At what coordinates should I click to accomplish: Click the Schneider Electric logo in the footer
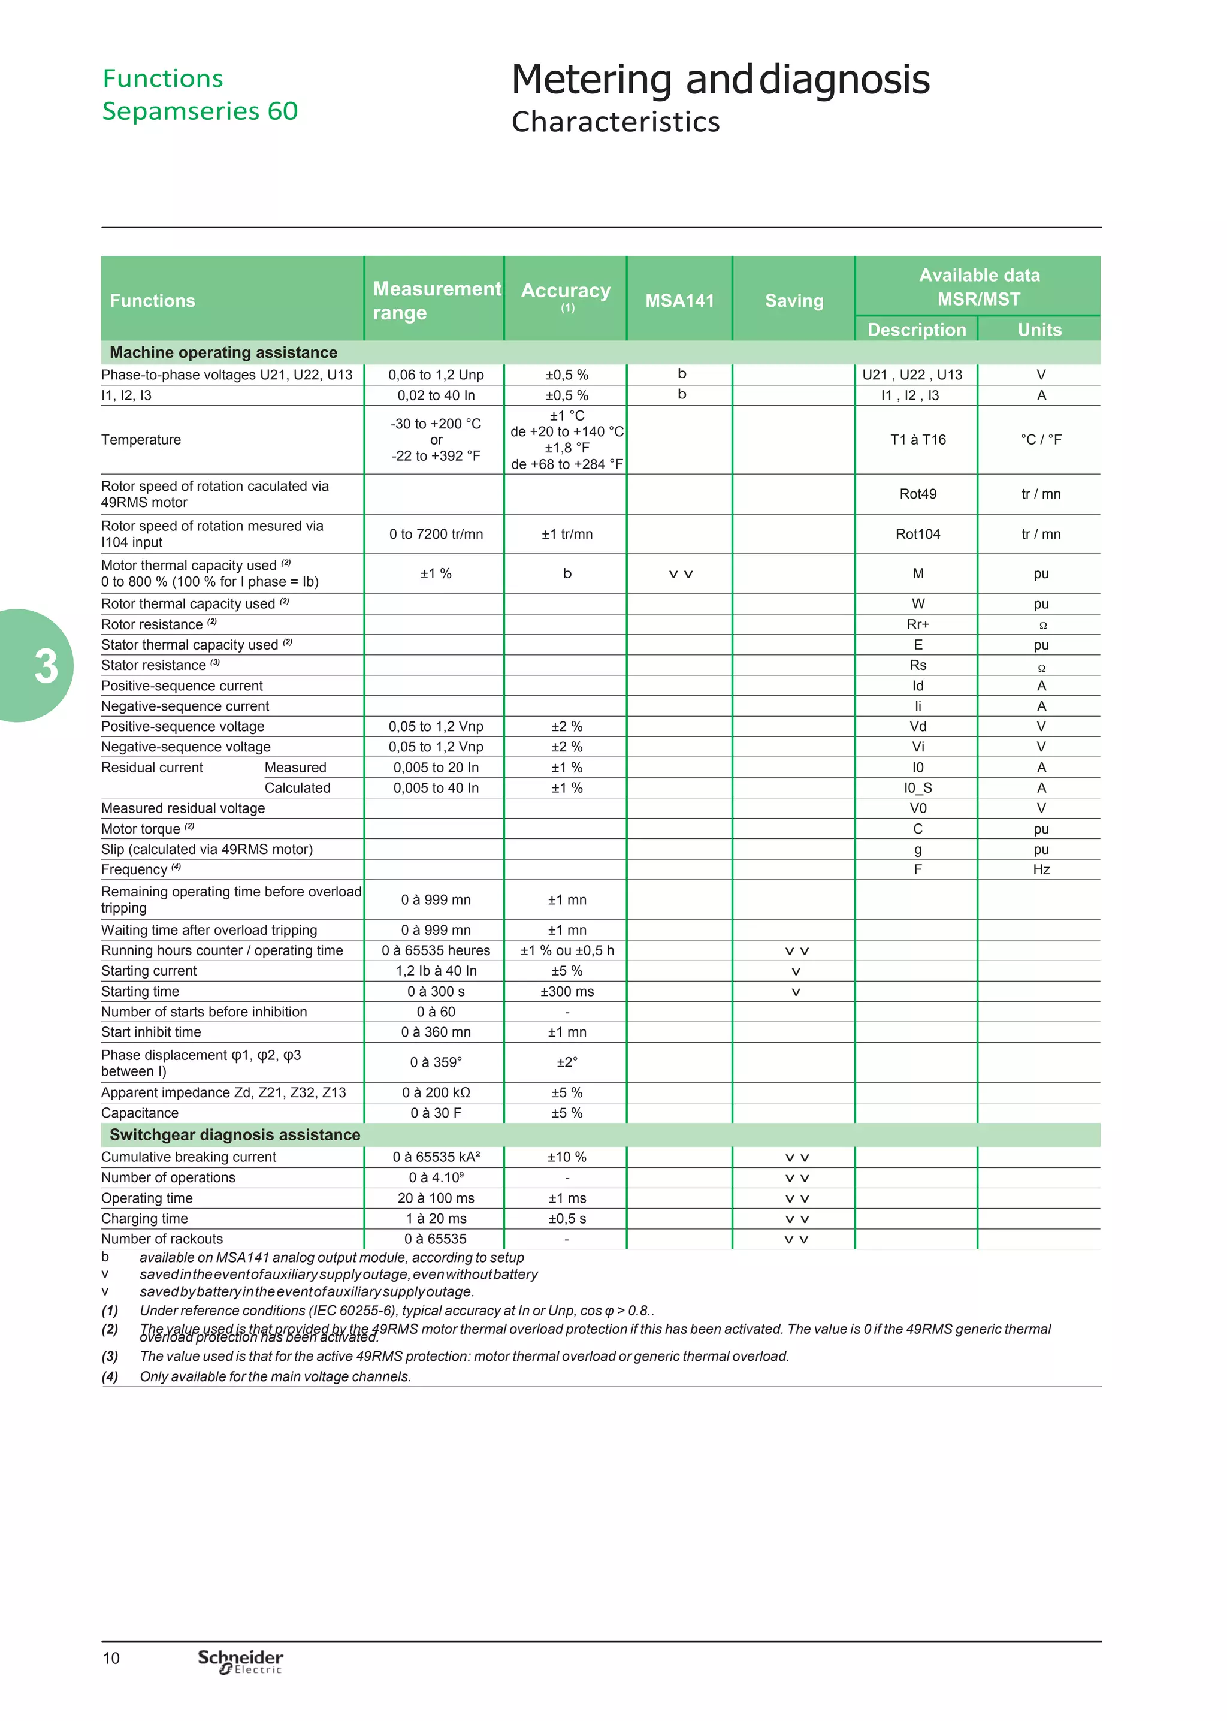[x=240, y=1660]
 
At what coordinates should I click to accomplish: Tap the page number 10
[x=111, y=1658]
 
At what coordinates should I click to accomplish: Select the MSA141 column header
[x=679, y=301]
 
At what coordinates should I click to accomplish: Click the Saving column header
[x=794, y=301]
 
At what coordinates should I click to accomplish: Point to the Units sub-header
[x=1039, y=330]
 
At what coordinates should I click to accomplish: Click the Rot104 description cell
[x=917, y=534]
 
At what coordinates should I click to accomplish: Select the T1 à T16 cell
[x=917, y=440]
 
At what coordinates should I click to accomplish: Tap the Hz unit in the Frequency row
[x=1041, y=869]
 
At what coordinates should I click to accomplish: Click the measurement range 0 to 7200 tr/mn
[x=436, y=534]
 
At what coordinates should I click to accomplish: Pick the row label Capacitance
[x=140, y=1113]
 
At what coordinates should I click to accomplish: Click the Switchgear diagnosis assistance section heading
[x=234, y=1135]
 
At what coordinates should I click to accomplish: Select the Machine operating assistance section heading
[x=223, y=353]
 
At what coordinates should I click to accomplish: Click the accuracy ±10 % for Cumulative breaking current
[x=567, y=1157]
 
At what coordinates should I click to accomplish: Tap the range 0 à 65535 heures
[x=436, y=950]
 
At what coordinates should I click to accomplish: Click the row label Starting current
[x=149, y=971]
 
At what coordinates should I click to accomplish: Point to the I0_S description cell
[x=917, y=788]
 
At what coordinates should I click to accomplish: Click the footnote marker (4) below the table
[x=110, y=1376]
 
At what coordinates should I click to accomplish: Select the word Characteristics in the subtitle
[x=615, y=122]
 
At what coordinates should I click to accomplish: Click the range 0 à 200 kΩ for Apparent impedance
[x=436, y=1092]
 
